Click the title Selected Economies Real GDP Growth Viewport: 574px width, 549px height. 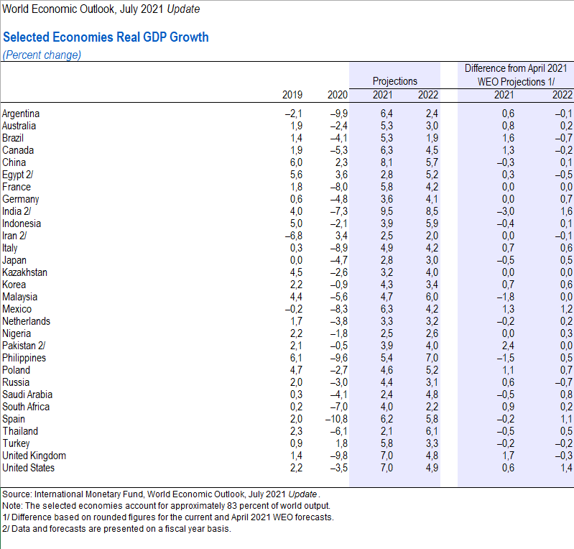[x=106, y=37]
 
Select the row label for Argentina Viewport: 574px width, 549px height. [x=21, y=114]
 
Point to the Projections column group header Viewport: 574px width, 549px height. [x=394, y=81]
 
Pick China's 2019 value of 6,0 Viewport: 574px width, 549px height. [x=295, y=162]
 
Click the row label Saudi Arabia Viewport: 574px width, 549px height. [x=27, y=395]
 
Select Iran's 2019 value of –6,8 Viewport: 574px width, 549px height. [x=292, y=236]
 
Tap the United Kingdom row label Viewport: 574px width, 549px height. [x=34, y=456]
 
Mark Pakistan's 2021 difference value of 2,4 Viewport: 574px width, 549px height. [x=506, y=346]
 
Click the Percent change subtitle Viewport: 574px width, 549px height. [x=42, y=55]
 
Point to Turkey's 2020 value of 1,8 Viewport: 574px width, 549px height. [x=340, y=443]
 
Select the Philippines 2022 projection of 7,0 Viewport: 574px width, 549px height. [x=431, y=358]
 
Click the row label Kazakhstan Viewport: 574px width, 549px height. [x=24, y=272]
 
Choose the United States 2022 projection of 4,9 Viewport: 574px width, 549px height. [x=431, y=468]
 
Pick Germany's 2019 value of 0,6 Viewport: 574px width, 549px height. [x=295, y=199]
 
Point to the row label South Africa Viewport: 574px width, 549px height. [x=26, y=407]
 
